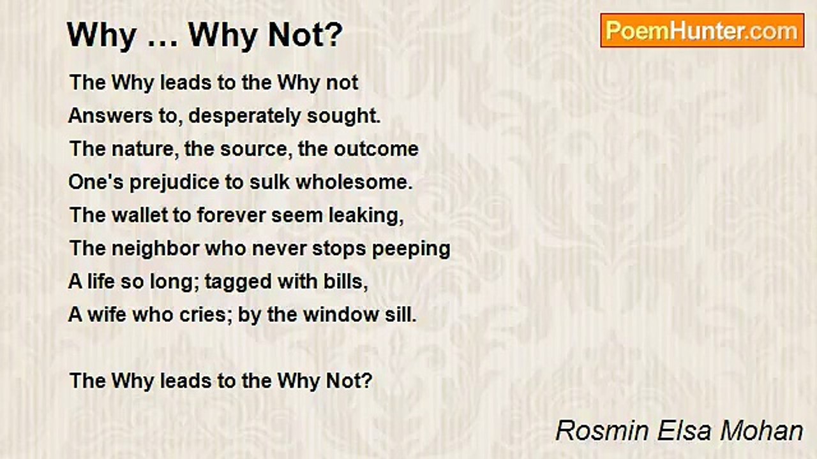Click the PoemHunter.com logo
coord(702,31)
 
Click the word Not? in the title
coord(306,35)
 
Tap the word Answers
coord(110,116)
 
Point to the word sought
coord(343,117)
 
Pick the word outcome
coord(376,149)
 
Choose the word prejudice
coord(174,183)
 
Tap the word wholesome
coord(354,182)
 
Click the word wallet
coord(139,215)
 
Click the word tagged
coord(238,282)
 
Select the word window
coord(341,315)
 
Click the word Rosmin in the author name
coord(602,431)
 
